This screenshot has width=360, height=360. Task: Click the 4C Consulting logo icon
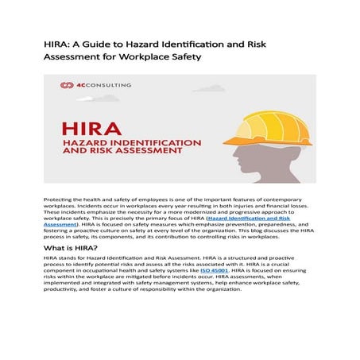click(65, 85)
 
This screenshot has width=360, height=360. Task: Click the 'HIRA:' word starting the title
click(60, 43)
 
